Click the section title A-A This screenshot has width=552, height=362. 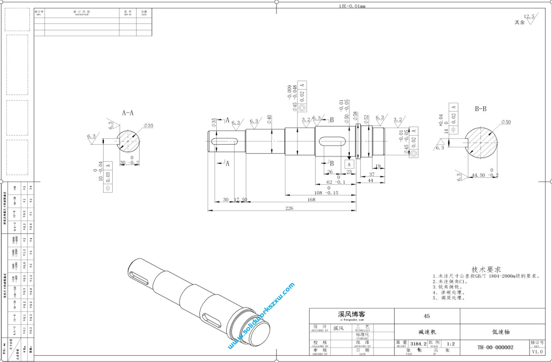coord(128,113)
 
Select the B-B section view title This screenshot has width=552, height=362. coord(480,109)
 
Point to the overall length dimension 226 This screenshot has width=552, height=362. coord(289,208)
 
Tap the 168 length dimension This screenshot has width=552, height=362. coord(311,199)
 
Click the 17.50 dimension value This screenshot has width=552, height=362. coord(240,199)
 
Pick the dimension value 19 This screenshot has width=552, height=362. coord(378,166)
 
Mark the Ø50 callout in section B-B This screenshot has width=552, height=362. coord(506,122)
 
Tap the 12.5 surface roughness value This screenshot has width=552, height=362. coord(529,16)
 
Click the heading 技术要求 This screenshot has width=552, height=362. coord(486,269)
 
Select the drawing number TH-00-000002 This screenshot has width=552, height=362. coord(495,347)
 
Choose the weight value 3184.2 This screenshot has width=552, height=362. coord(418,344)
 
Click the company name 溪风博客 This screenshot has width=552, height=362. coord(352,314)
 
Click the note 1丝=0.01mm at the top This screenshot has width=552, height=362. coord(352,6)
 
